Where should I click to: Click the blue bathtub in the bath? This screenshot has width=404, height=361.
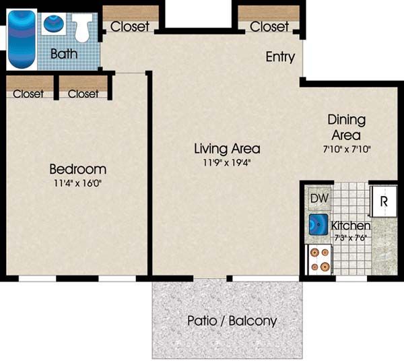point(22,39)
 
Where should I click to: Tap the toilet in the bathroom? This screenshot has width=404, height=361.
point(82,28)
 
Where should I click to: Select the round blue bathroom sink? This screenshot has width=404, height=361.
point(55,24)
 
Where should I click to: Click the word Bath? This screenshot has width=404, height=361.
point(64,54)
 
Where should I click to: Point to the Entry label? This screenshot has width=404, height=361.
point(280,57)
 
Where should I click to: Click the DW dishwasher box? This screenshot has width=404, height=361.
point(319,198)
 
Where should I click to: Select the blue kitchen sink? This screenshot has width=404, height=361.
point(318,224)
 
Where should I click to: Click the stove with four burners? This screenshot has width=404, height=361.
point(319,259)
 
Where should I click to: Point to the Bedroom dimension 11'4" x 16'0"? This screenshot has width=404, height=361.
point(78,183)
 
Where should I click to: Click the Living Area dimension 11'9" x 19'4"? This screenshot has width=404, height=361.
point(227,162)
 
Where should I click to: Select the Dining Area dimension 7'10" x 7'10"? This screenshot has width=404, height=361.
point(347,150)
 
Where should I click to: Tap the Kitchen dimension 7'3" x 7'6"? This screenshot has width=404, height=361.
point(350,238)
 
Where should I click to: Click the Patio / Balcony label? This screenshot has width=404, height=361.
point(232,321)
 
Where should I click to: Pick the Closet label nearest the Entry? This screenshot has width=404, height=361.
point(269,26)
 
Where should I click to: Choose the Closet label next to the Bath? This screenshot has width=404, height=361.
point(130,26)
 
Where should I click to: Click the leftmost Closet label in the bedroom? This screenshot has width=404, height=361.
point(28,94)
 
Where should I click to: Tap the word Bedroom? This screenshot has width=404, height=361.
point(78,169)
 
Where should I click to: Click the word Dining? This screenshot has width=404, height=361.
point(347,120)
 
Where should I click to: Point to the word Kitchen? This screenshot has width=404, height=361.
point(351,226)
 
